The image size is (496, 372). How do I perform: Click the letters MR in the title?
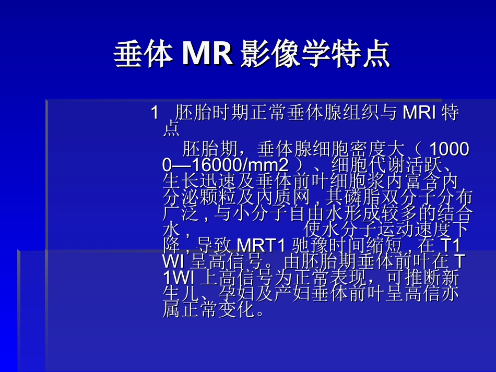pyautogui.click(x=207, y=54)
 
